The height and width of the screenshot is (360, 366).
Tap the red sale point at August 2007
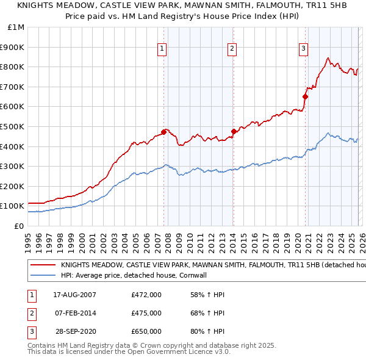tap(163, 132)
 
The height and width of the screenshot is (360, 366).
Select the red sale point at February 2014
tap(234, 131)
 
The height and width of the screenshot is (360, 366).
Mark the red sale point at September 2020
tap(306, 96)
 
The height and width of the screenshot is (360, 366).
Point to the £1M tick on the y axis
tap(15, 27)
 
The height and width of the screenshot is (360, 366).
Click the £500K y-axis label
tap(13, 126)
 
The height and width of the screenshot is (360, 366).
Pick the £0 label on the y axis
tap(18, 226)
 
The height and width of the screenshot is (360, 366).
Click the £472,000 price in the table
tap(146, 295)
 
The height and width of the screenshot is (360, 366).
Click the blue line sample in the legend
tap(43, 275)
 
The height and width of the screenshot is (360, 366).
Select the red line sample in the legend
tap(43, 265)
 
